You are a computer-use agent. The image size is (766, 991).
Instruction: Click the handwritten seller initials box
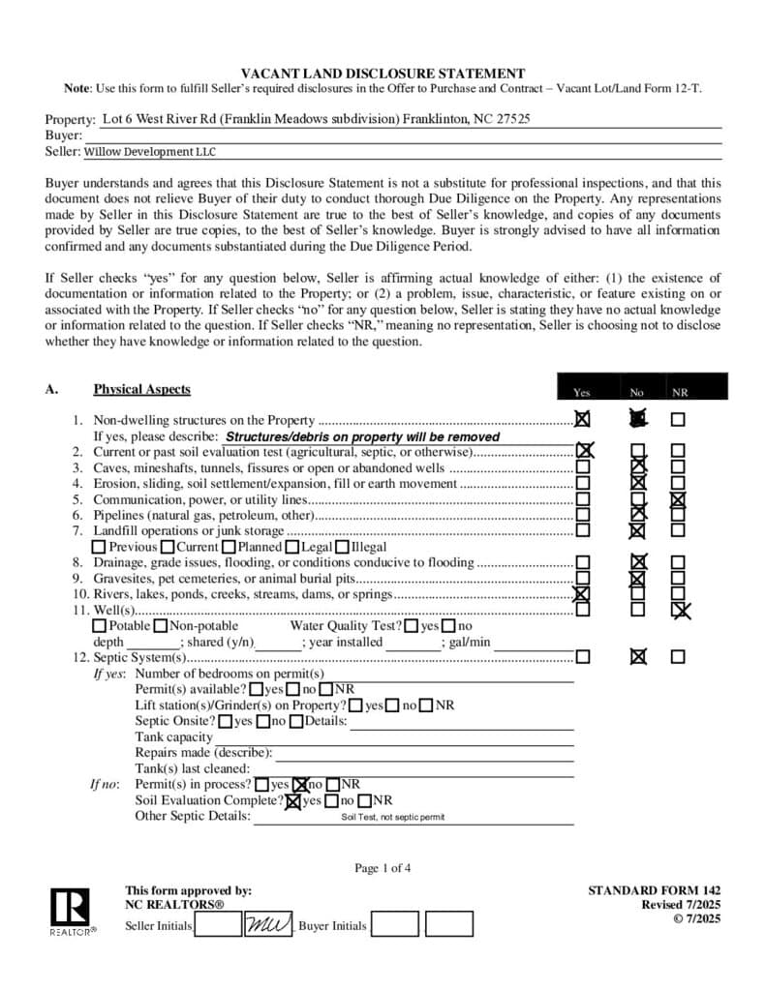tap(267, 924)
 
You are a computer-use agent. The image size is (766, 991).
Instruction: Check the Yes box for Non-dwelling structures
tap(582, 420)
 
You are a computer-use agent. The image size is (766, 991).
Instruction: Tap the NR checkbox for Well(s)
tap(680, 610)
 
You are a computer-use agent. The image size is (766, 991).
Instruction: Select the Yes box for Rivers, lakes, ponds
tap(582, 594)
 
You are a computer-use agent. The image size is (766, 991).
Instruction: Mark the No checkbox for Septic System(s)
tap(637, 656)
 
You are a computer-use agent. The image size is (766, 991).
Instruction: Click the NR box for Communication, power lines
tap(678, 499)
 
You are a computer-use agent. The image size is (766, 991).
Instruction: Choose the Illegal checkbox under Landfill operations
tap(342, 547)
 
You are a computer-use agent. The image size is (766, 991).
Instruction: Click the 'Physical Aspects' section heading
tap(141, 389)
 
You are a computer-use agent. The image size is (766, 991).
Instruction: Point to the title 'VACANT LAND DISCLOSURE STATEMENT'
tap(383, 74)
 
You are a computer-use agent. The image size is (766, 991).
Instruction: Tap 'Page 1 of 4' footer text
tap(383, 868)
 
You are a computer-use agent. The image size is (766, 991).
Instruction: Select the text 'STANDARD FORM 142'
tap(654, 890)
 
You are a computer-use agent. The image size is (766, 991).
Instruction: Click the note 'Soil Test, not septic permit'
tap(392, 817)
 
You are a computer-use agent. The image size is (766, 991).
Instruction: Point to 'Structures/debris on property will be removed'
tap(362, 436)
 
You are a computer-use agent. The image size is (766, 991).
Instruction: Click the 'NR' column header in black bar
tap(680, 393)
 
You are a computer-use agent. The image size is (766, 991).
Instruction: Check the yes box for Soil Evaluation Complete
tap(293, 800)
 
